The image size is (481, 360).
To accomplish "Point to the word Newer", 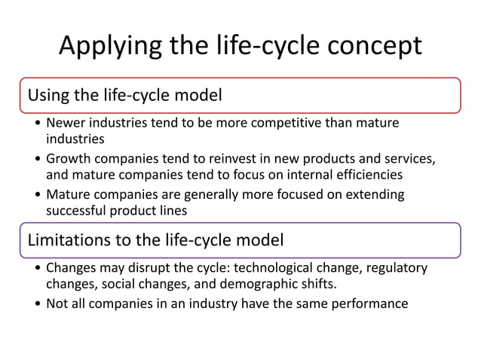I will click(x=66, y=123).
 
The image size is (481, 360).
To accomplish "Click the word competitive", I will click(x=278, y=123).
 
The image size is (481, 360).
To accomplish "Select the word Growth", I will click(x=69, y=159).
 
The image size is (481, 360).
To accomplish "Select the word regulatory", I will click(x=398, y=268).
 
